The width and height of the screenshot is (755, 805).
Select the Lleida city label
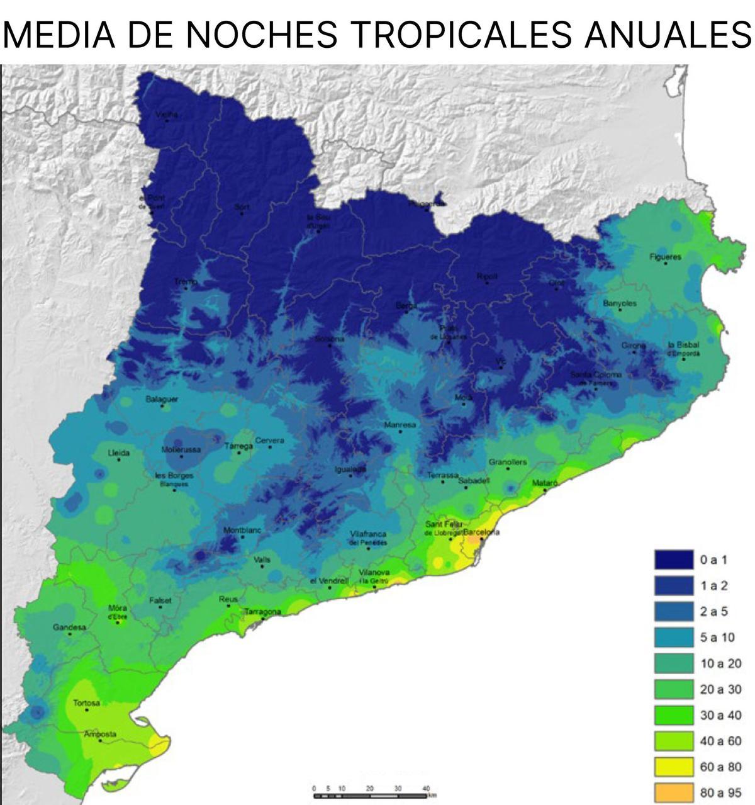click(119, 453)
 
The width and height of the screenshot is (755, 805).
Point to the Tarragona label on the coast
click(262, 612)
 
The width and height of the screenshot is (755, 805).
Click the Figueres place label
click(665, 257)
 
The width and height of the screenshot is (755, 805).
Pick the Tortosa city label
click(86, 703)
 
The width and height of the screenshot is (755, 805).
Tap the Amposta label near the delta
click(101, 734)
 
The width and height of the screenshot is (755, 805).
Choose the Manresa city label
click(400, 425)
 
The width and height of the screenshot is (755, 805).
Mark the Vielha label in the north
click(167, 114)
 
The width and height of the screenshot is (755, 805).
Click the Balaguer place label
click(162, 399)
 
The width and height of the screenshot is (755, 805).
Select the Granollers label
click(508, 462)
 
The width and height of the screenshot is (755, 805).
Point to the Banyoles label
click(620, 303)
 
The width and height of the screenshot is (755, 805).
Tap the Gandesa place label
click(69, 627)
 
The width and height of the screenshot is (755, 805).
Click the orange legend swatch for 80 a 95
click(674, 792)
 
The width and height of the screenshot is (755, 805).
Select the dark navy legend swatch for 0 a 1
click(674, 560)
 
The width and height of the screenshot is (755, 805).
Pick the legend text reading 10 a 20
click(721, 663)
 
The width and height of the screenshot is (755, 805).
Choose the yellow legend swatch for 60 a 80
click(674, 766)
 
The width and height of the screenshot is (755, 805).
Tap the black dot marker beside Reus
click(228, 606)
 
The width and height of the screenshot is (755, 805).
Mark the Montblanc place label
click(242, 531)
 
